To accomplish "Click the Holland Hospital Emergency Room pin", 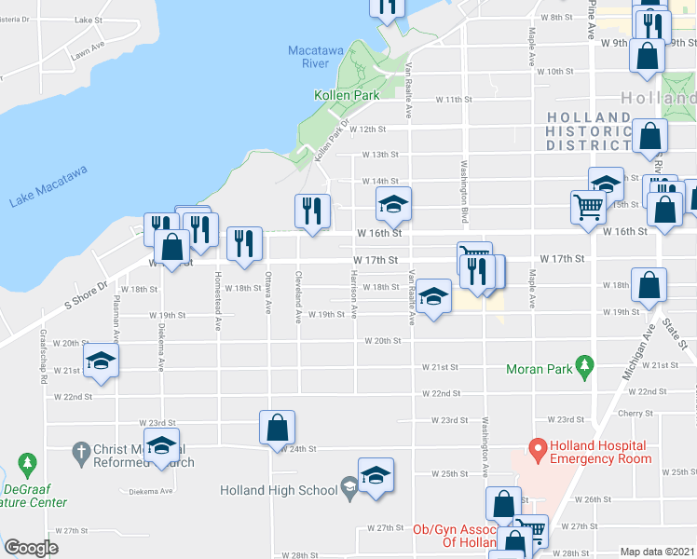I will (x=538, y=451).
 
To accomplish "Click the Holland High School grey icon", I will (x=348, y=484).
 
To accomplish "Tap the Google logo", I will (x=32, y=548).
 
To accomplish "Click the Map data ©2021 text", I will (x=657, y=552).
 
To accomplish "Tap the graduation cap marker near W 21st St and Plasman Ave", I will (x=102, y=363).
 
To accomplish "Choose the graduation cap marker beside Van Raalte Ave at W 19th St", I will (x=431, y=298).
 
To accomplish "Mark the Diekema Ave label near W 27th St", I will (x=155, y=491).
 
